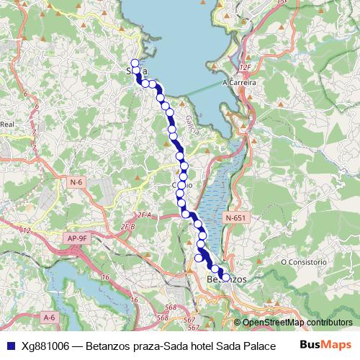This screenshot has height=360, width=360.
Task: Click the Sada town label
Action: point(137,71)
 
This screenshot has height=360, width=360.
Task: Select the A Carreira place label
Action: point(240,81)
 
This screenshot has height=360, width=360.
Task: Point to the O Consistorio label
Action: point(304,261)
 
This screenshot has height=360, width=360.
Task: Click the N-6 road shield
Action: point(77,183)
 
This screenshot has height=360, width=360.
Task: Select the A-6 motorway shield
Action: point(49,317)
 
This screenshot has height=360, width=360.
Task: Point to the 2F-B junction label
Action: point(128,227)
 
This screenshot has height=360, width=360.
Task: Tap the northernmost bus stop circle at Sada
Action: point(134,62)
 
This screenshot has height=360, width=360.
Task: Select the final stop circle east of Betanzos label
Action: point(225,276)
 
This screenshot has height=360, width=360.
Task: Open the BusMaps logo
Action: point(325,344)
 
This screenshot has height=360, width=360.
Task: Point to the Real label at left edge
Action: point(8,125)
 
